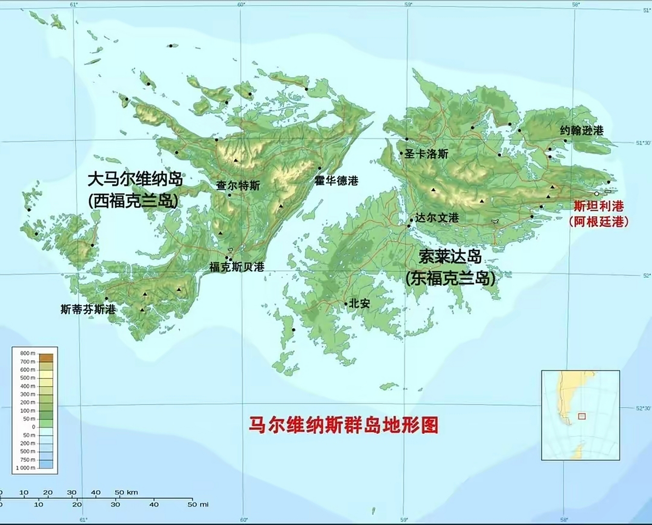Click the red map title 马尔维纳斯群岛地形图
(x=344, y=425)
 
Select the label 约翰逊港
(x=582, y=131)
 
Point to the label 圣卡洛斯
(x=426, y=154)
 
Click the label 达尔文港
(x=437, y=218)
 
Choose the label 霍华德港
(x=336, y=180)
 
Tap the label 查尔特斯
(x=238, y=185)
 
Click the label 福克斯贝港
(x=237, y=267)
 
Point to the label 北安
(x=359, y=303)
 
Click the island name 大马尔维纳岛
(x=135, y=179)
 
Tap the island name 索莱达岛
(x=450, y=258)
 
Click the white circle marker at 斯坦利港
(x=597, y=194)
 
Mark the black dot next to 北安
(x=346, y=304)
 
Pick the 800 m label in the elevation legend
(x=28, y=353)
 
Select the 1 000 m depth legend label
(x=25, y=468)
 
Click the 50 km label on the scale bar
(x=126, y=492)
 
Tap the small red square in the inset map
(x=582, y=416)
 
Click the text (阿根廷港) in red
(x=599, y=221)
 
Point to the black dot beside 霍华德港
(x=320, y=168)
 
